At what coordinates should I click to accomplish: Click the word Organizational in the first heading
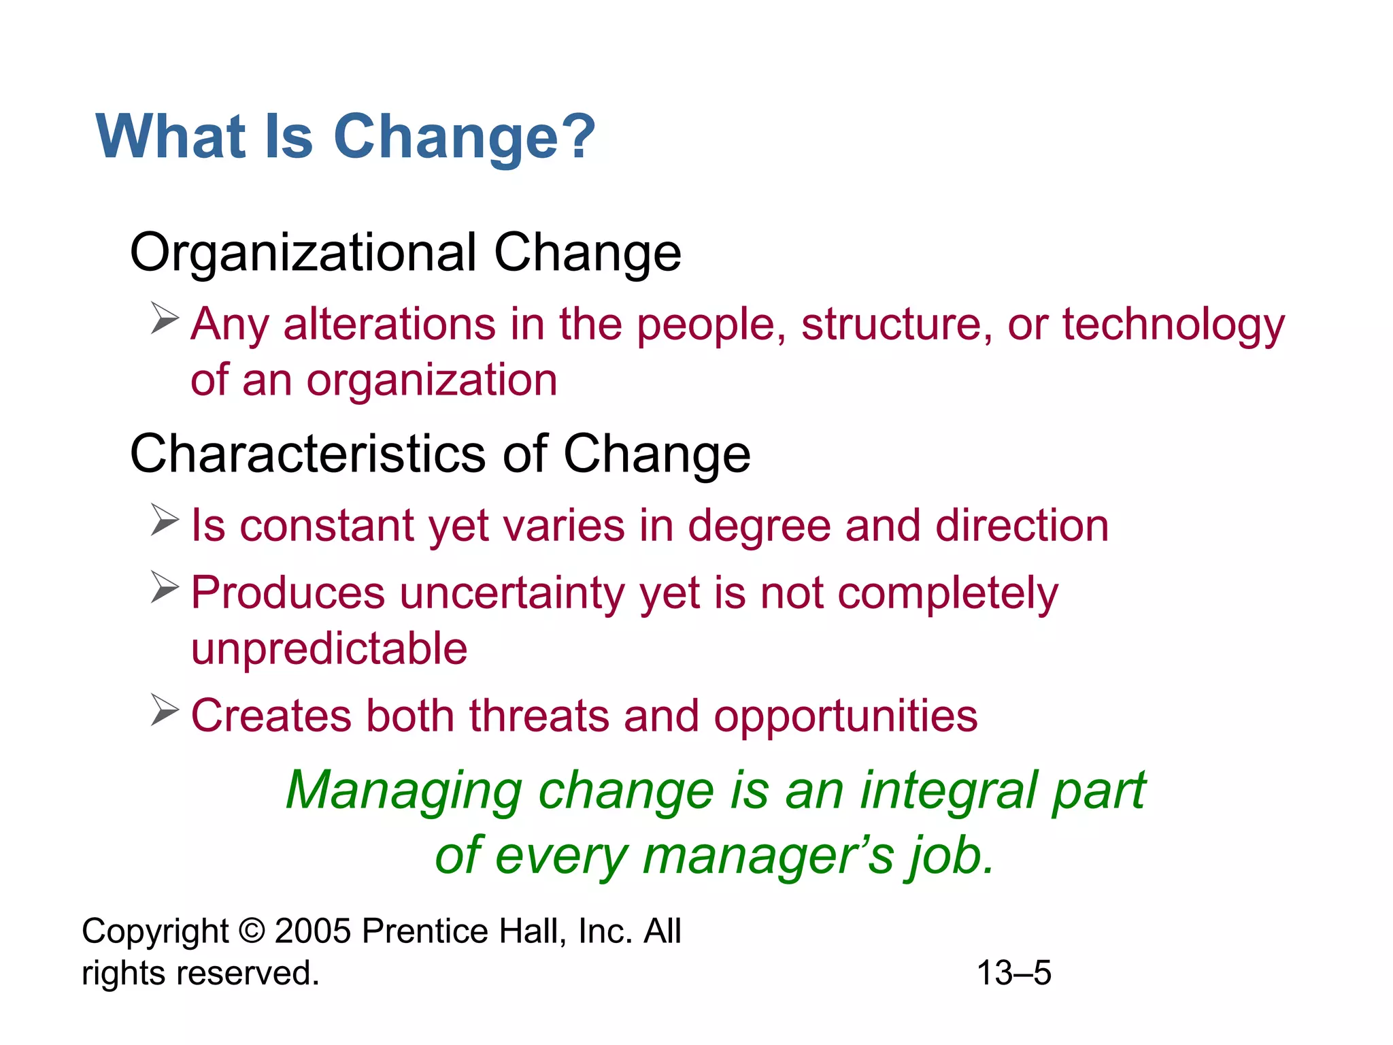pyautogui.click(x=303, y=253)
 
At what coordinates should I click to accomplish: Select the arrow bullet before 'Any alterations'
pyautogui.click(x=165, y=318)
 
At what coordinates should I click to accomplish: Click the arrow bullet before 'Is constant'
pyautogui.click(x=165, y=520)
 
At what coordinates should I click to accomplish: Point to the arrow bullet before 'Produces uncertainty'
pyautogui.click(x=165, y=587)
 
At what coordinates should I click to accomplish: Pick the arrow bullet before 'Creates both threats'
pyautogui.click(x=165, y=710)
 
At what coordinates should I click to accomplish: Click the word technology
pyautogui.click(x=1173, y=324)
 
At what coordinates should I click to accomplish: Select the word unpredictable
pyautogui.click(x=329, y=648)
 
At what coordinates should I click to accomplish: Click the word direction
pyautogui.click(x=1022, y=526)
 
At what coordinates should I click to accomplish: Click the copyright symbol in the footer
pyautogui.click(x=251, y=931)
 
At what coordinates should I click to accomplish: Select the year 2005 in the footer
pyautogui.click(x=313, y=931)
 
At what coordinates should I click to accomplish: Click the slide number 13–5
pyautogui.click(x=1013, y=973)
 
